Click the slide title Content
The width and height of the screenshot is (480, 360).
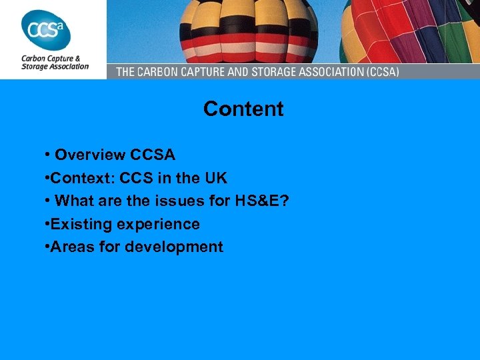coord(243,109)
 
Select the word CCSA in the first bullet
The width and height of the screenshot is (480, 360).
coord(153,155)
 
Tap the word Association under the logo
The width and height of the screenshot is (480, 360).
coord(70,67)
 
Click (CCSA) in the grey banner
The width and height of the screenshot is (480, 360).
coord(377,71)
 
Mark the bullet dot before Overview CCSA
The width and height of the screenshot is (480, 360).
coord(47,155)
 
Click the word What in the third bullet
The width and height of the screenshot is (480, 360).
coord(73,201)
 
